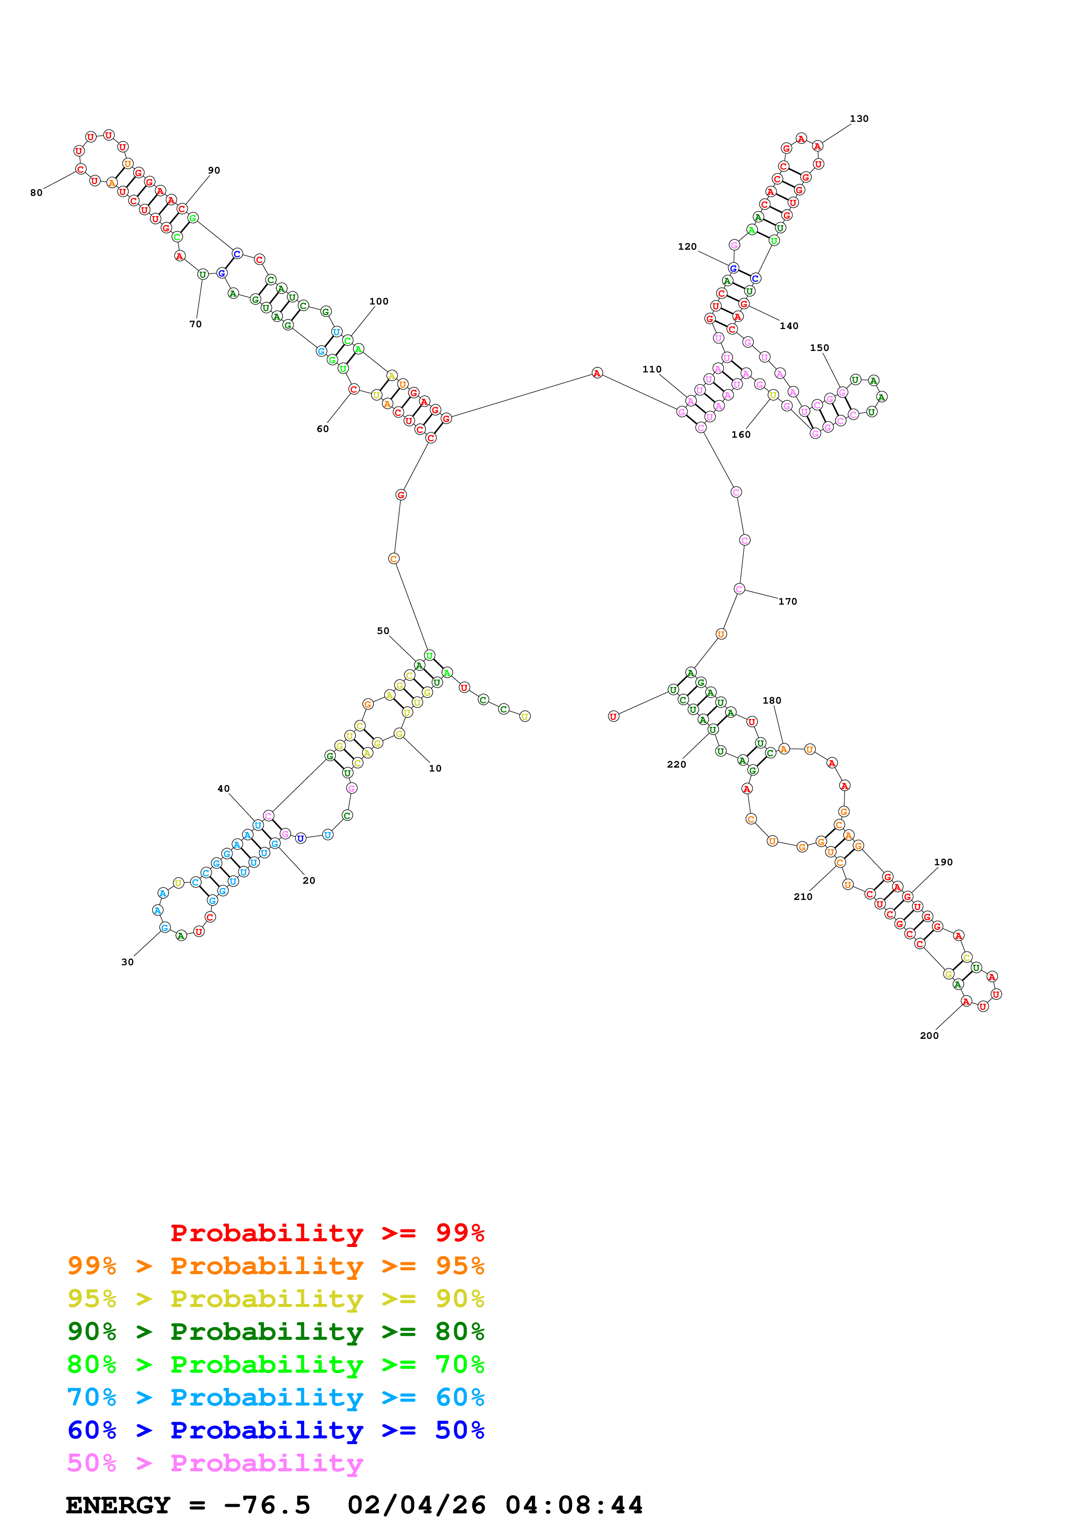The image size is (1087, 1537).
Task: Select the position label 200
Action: click(x=929, y=1036)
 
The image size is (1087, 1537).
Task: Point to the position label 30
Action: click(x=127, y=962)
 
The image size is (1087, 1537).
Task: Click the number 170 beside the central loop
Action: click(x=788, y=601)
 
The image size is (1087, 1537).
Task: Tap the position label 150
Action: click(x=819, y=347)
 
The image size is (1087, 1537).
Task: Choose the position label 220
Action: click(x=677, y=765)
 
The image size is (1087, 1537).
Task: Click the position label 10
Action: click(x=435, y=768)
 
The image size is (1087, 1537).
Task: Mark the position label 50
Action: click(x=383, y=630)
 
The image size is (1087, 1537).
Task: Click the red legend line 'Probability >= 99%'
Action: click(x=327, y=1233)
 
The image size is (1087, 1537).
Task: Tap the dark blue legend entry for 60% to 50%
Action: click(x=275, y=1430)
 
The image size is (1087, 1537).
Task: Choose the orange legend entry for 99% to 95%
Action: click(x=275, y=1266)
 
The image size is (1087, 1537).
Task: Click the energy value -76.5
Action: click(x=267, y=1505)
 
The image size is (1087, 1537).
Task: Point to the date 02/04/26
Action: click(x=417, y=1505)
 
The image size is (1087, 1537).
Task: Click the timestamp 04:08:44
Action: click(x=574, y=1505)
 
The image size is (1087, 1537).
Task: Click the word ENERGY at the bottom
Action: click(x=118, y=1505)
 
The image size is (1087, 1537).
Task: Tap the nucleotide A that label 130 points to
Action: click(x=817, y=146)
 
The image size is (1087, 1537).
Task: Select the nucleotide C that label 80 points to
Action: click(x=80, y=170)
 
